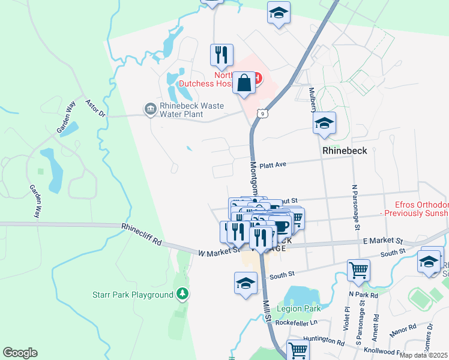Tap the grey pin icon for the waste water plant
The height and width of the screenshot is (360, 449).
click(x=149, y=108)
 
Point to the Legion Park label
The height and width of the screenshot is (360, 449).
click(x=299, y=309)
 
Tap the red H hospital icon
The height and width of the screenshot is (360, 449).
click(x=258, y=77)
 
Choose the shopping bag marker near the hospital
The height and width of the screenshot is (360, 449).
click(x=245, y=83)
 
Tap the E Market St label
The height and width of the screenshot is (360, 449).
click(x=382, y=241)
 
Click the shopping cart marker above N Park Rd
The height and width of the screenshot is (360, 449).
click(x=358, y=269)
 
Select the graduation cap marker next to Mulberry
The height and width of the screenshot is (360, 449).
click(x=324, y=123)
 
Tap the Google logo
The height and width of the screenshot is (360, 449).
click(x=20, y=353)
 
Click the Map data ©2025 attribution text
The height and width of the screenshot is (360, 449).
click(x=423, y=355)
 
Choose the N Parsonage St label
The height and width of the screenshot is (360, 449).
click(x=355, y=207)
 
